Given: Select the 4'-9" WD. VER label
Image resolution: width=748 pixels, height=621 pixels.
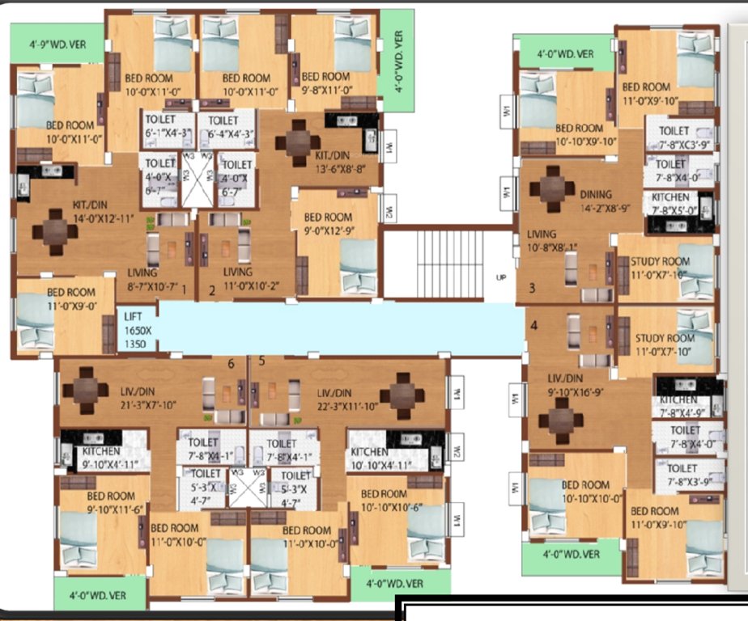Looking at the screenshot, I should point(55,44).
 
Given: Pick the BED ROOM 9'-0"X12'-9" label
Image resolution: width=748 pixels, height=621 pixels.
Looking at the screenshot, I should point(327,222).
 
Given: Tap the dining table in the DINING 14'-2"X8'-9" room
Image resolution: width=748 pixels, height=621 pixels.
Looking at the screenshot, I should point(552,188).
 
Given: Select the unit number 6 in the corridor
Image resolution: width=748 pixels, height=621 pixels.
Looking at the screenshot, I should point(231,364).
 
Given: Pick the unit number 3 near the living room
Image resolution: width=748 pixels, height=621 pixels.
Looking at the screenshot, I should point(532,287).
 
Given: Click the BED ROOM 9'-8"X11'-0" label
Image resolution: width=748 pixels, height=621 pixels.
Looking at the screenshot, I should point(325,83).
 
